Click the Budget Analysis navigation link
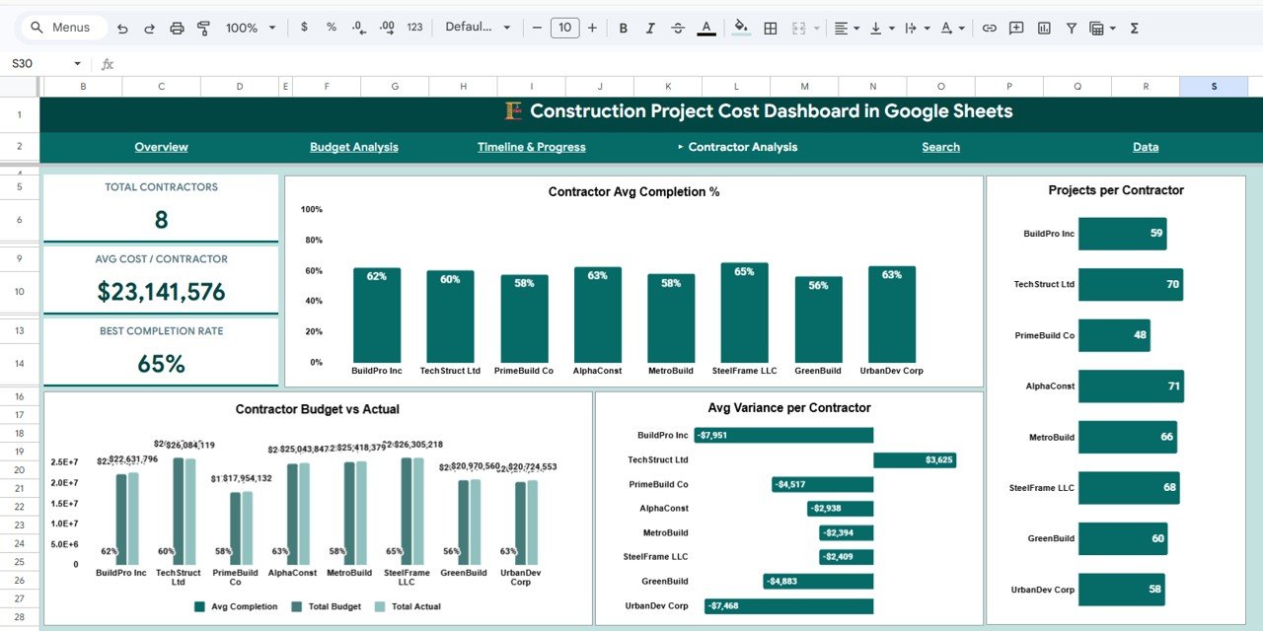(353, 147)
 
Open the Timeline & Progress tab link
(531, 147)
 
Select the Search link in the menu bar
(940, 147)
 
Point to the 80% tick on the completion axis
(312, 241)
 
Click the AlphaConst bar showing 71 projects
(1130, 386)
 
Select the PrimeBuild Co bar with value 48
(1113, 335)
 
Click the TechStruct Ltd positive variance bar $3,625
(914, 459)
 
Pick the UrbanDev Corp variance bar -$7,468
(788, 605)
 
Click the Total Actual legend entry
(415, 606)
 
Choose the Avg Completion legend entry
(244, 606)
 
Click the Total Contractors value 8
(161, 220)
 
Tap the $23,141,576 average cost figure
(161, 292)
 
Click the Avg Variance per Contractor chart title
(788, 408)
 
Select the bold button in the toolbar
(623, 28)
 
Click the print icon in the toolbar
(177, 28)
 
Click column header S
(1214, 87)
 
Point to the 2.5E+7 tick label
(65, 462)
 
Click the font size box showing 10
(564, 28)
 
